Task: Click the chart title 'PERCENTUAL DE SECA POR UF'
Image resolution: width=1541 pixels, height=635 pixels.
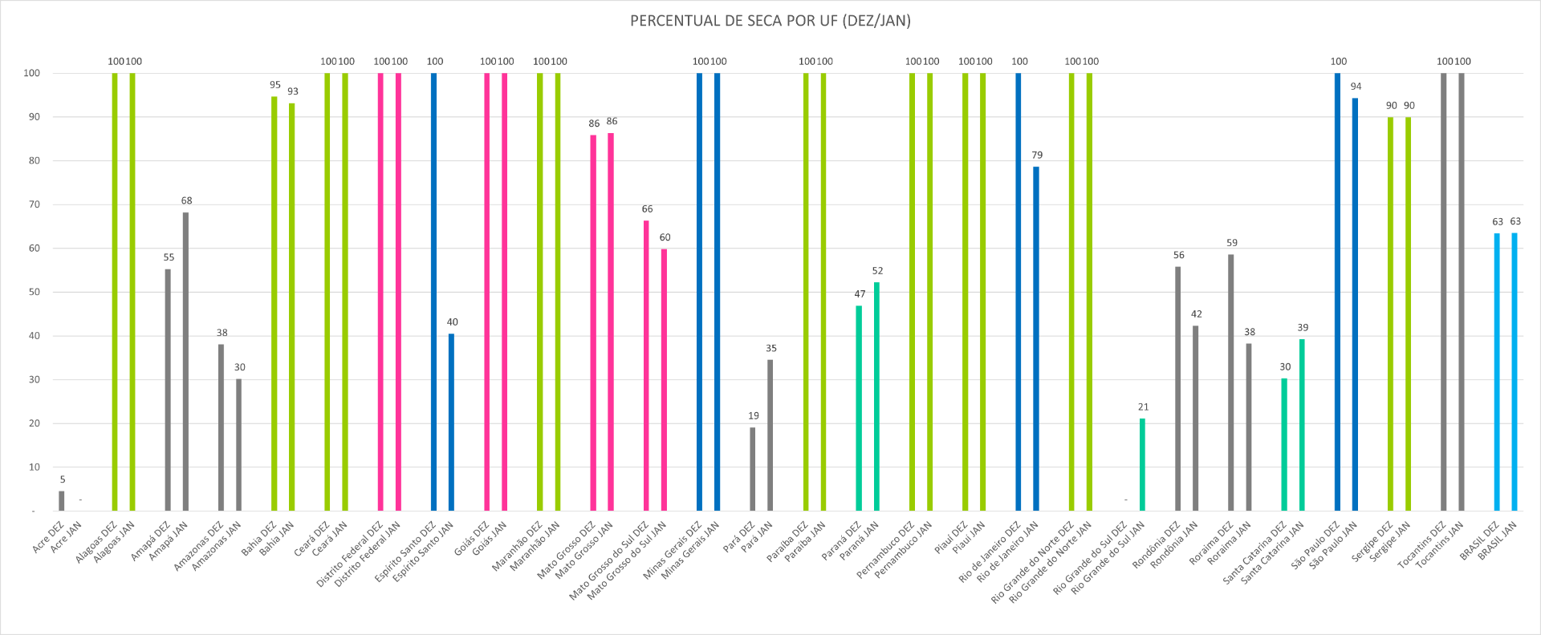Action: tap(770, 21)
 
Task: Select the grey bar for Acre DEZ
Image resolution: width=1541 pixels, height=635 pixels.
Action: tap(62, 501)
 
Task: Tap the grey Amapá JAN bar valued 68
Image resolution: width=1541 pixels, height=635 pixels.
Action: tap(185, 361)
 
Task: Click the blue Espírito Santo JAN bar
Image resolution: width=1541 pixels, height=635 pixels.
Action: tap(451, 423)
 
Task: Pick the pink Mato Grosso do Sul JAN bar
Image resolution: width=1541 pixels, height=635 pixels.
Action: tap(664, 379)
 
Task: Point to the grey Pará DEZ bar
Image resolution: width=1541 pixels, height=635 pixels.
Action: tap(752, 469)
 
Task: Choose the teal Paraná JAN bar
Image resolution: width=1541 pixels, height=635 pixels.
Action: tap(876, 396)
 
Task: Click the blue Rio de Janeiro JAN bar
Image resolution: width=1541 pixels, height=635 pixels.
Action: tap(1036, 338)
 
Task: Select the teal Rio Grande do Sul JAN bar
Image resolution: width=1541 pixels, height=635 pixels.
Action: tap(1142, 464)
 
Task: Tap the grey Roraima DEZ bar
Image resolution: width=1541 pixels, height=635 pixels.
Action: tap(1230, 382)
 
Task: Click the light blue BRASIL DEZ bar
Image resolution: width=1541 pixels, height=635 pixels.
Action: tap(1497, 372)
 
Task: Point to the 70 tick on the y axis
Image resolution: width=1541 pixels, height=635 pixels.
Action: tap(34, 204)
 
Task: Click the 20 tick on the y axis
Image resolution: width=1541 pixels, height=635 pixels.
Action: tap(34, 423)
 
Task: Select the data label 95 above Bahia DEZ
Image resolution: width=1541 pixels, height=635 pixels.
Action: tap(275, 85)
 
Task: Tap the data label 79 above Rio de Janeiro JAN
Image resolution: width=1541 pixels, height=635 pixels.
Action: tap(1037, 155)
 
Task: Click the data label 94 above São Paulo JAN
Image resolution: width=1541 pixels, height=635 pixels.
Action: tap(1356, 87)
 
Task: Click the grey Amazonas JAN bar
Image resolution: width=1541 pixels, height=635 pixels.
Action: tap(238, 445)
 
